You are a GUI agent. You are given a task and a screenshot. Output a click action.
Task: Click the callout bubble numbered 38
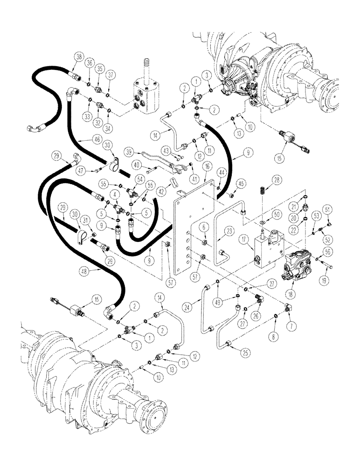[78, 57]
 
